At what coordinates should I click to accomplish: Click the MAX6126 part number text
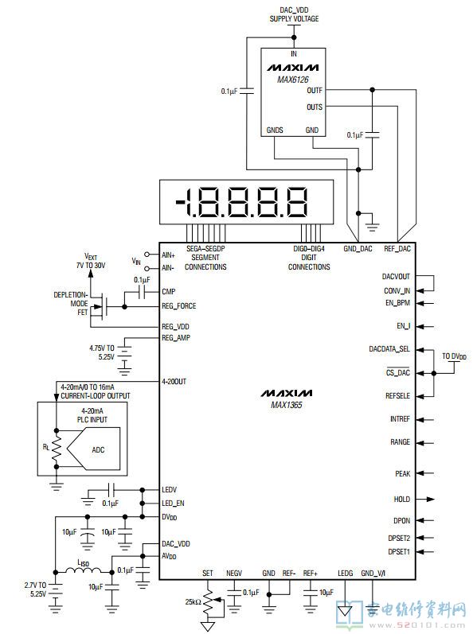tap(292, 80)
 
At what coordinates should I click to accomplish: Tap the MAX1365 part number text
tap(287, 405)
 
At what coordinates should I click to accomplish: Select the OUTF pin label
tap(315, 91)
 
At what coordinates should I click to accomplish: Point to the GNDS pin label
tap(275, 130)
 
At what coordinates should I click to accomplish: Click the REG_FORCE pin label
tap(179, 306)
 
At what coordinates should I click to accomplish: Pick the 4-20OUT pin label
tap(174, 381)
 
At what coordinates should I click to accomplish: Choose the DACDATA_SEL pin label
tap(389, 349)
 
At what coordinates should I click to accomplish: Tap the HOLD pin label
tap(402, 500)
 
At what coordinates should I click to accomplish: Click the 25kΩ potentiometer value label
tap(193, 602)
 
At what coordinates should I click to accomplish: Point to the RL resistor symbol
tap(57, 449)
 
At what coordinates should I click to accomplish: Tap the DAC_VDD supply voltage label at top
tap(294, 14)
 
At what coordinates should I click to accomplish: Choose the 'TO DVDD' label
tap(454, 356)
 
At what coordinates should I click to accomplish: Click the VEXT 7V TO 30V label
tap(91, 261)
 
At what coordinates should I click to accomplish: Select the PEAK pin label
tap(403, 473)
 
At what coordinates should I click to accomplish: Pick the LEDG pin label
tap(345, 574)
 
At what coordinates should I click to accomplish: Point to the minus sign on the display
tap(180, 201)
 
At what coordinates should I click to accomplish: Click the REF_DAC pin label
tap(397, 249)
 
